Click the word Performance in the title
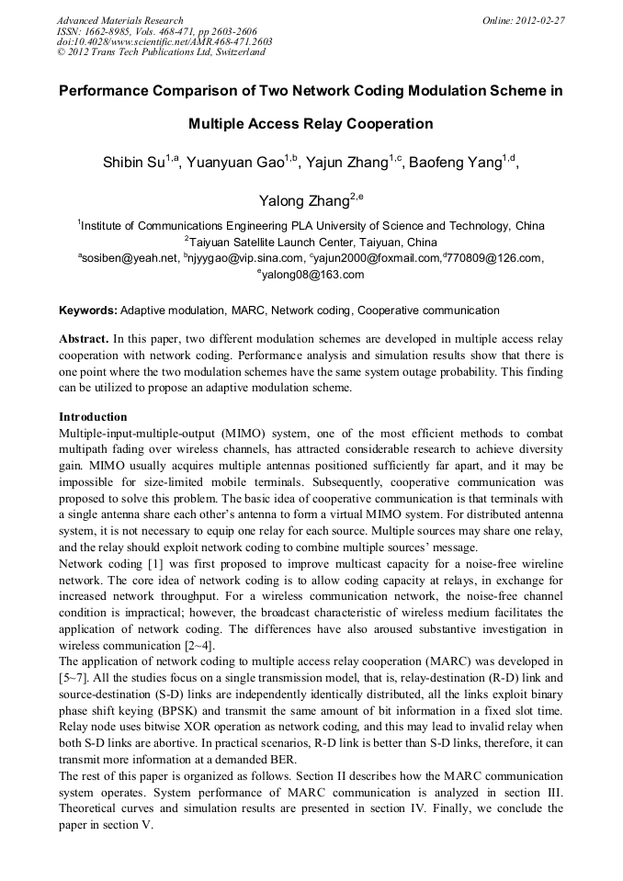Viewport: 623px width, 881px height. [108, 92]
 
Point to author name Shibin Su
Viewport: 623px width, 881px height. [135, 164]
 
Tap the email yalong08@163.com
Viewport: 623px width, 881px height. [312, 275]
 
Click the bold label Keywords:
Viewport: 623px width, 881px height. [88, 311]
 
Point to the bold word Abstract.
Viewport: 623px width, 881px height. [84, 339]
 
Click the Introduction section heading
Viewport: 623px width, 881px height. [93, 416]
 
